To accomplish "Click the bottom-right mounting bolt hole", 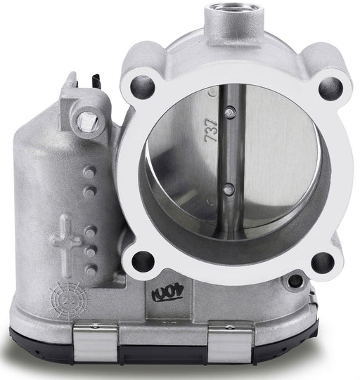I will [322, 261].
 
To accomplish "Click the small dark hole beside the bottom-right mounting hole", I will [295, 280].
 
